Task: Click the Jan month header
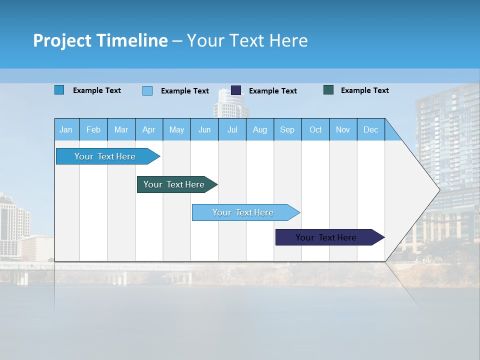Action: pyautogui.click(x=66, y=129)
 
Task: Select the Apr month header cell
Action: pyautogui.click(x=149, y=129)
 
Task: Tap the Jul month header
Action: pyautogui.click(x=232, y=129)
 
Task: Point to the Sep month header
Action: pyautogui.click(x=287, y=129)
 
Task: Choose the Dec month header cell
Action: pyautogui.click(x=370, y=129)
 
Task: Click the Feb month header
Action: pyautogui.click(x=93, y=129)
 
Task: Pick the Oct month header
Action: pyautogui.click(x=315, y=129)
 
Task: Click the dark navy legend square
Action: pyautogui.click(x=236, y=90)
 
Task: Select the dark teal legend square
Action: pyautogui.click(x=328, y=90)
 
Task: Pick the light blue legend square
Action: pyautogui.click(x=147, y=90)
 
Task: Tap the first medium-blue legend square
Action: pyautogui.click(x=59, y=90)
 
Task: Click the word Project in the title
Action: pyautogui.click(x=62, y=40)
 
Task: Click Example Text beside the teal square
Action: pyautogui.click(x=364, y=90)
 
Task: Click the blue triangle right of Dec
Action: pyautogui.click(x=391, y=133)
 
